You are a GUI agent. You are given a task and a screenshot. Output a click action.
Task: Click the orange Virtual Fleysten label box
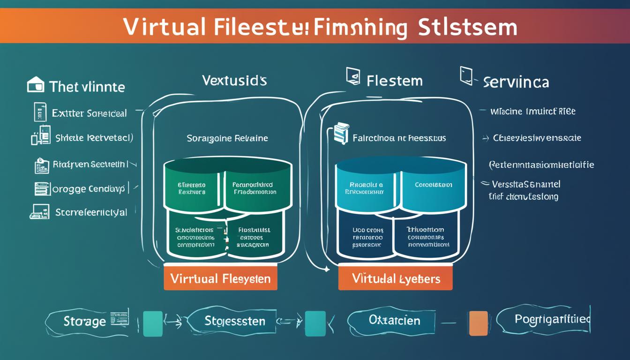tap(220, 278)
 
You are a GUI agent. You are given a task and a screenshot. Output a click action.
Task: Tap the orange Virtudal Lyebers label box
tap(395, 278)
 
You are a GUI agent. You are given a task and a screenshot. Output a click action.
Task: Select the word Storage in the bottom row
tap(85, 321)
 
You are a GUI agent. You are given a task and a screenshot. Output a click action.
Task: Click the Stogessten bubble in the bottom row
tap(234, 321)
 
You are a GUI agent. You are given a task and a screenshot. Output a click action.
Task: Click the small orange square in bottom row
tap(478, 323)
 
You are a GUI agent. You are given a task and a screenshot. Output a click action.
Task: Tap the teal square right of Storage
tap(152, 323)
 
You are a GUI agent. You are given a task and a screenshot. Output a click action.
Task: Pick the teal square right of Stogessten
tap(315, 323)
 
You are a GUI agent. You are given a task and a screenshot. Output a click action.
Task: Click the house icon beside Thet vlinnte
tap(36, 85)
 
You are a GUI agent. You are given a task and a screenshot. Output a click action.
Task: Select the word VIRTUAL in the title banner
tap(165, 27)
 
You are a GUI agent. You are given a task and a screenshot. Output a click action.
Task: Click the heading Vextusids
tap(234, 81)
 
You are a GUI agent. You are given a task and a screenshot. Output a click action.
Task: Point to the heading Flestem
tap(394, 81)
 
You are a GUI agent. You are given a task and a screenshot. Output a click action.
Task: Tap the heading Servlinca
tap(516, 82)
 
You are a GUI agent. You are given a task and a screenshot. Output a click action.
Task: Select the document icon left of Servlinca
tap(466, 75)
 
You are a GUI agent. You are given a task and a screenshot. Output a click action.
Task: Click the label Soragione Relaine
tap(227, 138)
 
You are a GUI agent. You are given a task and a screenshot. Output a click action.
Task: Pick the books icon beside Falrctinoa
tap(342, 133)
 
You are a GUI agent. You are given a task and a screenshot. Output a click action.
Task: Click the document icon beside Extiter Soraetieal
tap(40, 112)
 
